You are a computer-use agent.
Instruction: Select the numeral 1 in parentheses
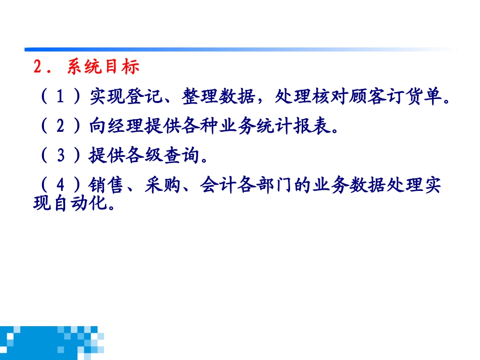click(x=60, y=96)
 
